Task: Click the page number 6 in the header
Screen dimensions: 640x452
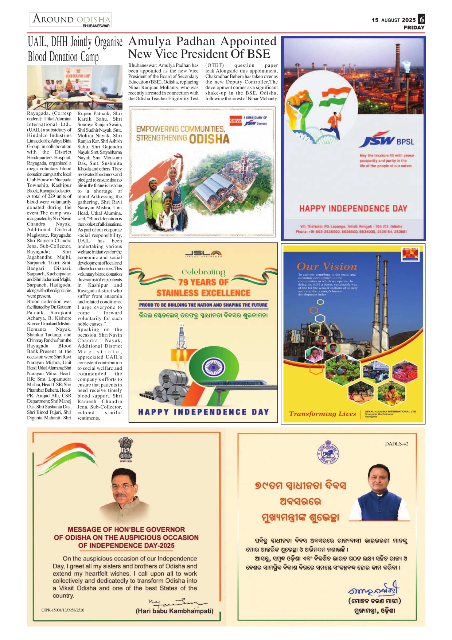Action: point(421,19)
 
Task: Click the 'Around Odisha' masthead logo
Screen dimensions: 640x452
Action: point(71,20)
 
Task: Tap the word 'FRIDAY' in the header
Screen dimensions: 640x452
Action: point(414,27)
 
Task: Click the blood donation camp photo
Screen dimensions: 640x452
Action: point(74,87)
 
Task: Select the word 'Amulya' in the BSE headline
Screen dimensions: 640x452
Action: point(150,41)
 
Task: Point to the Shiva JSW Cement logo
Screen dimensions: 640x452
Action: point(248,121)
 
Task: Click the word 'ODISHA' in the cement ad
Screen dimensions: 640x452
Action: point(209,139)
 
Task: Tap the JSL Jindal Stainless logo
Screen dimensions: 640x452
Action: point(203,254)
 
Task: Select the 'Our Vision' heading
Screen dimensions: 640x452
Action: point(327,267)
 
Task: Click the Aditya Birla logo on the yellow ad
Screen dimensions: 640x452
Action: point(410,254)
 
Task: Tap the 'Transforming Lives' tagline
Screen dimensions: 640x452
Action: point(322,414)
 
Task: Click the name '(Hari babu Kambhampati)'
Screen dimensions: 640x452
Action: point(174,611)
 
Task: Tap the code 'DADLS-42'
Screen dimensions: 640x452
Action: point(397,444)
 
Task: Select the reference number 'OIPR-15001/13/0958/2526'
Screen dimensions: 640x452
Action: point(63,610)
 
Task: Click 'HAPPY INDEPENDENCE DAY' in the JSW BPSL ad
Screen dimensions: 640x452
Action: point(353,209)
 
